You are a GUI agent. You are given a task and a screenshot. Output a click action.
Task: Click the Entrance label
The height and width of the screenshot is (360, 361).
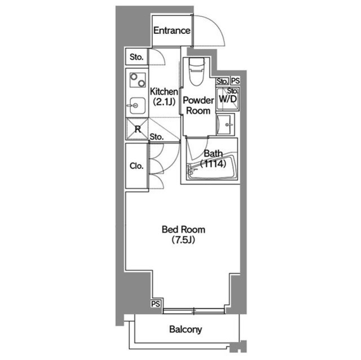click(x=171, y=30)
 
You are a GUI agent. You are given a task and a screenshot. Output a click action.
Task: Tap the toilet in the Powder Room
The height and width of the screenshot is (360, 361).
click(x=196, y=72)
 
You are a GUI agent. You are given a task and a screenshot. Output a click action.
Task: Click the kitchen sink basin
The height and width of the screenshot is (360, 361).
click(x=137, y=106)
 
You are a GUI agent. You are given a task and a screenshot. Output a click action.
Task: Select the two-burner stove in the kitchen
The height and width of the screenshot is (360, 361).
click(x=138, y=80)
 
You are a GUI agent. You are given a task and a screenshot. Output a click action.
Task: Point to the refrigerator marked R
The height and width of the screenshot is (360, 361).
click(x=137, y=129)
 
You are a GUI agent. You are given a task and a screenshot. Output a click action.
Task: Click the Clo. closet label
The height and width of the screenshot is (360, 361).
click(x=137, y=166)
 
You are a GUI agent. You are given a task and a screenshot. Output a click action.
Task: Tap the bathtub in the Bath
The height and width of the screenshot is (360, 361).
click(x=212, y=167)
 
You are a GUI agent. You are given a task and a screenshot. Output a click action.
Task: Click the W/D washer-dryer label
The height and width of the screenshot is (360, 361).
click(x=228, y=99)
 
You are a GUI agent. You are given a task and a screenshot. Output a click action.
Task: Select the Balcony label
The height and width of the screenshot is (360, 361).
click(x=186, y=329)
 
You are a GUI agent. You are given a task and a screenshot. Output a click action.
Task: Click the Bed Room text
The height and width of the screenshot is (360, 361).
click(x=183, y=229)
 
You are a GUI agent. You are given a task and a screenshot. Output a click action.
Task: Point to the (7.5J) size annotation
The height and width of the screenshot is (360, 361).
click(x=183, y=240)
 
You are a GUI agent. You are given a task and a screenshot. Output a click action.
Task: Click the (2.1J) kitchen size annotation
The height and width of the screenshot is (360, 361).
click(x=164, y=101)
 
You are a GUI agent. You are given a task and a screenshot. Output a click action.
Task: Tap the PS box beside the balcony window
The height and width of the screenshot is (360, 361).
click(x=156, y=304)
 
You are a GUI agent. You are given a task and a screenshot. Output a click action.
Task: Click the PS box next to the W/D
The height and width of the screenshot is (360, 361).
click(x=235, y=81)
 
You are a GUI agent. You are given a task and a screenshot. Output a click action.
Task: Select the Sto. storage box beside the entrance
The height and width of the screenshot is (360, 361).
click(x=137, y=57)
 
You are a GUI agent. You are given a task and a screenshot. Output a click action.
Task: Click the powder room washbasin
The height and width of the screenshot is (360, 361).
click(x=225, y=125)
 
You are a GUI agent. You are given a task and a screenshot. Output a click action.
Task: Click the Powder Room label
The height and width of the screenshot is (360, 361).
click(x=198, y=105)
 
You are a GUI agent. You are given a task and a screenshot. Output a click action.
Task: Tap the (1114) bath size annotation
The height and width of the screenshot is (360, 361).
click(x=213, y=164)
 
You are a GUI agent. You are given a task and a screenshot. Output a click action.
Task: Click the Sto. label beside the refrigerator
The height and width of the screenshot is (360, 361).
click(x=157, y=137)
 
